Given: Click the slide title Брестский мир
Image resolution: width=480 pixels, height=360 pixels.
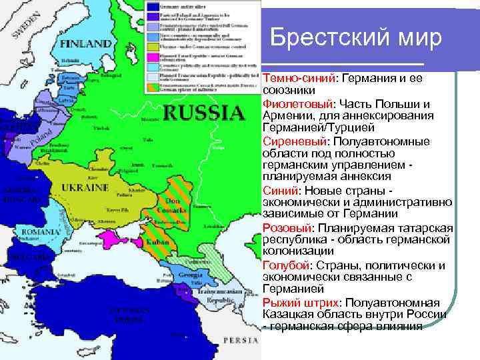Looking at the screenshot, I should click(356, 37).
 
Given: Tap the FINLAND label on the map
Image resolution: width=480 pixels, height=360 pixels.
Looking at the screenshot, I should click(86, 44).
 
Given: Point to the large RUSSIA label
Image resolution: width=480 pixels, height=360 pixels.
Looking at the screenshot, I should click(204, 112).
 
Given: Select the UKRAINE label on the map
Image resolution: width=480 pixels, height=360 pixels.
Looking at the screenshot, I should click(85, 188).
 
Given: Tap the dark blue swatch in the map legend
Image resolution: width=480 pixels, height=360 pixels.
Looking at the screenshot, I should click(153, 6).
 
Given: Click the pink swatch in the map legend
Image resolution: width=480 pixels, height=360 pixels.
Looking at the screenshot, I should click(153, 59).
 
